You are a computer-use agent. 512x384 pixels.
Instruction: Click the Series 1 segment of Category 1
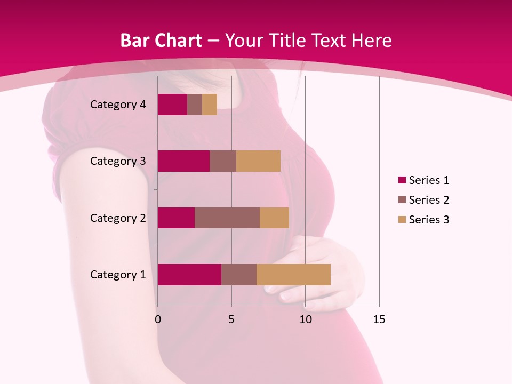189,275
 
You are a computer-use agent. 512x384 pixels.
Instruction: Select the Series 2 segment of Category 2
227,218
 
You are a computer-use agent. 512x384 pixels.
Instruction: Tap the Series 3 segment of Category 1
293,275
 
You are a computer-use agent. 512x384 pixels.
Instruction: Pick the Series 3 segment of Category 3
258,161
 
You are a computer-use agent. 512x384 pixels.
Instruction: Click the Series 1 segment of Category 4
172,105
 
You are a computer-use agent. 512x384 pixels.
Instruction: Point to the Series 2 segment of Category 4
195,105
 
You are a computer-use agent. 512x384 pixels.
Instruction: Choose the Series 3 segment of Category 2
274,218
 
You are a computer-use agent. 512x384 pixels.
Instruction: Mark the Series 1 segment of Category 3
183,161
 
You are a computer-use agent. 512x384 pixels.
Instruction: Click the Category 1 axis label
118,275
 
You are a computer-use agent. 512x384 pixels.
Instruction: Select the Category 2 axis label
118,218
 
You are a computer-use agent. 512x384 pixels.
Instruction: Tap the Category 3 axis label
118,161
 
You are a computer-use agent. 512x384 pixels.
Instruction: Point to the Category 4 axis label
118,105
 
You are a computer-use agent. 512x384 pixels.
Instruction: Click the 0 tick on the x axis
157,319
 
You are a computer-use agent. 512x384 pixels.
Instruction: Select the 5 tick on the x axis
231,319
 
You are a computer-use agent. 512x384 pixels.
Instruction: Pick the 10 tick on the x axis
305,319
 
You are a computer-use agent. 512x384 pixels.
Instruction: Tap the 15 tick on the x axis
379,319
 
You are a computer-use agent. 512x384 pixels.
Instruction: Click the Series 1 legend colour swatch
402,180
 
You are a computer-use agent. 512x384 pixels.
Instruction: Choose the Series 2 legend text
429,200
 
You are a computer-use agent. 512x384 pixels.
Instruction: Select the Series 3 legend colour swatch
402,220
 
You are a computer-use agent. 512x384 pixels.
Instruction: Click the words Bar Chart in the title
161,41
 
